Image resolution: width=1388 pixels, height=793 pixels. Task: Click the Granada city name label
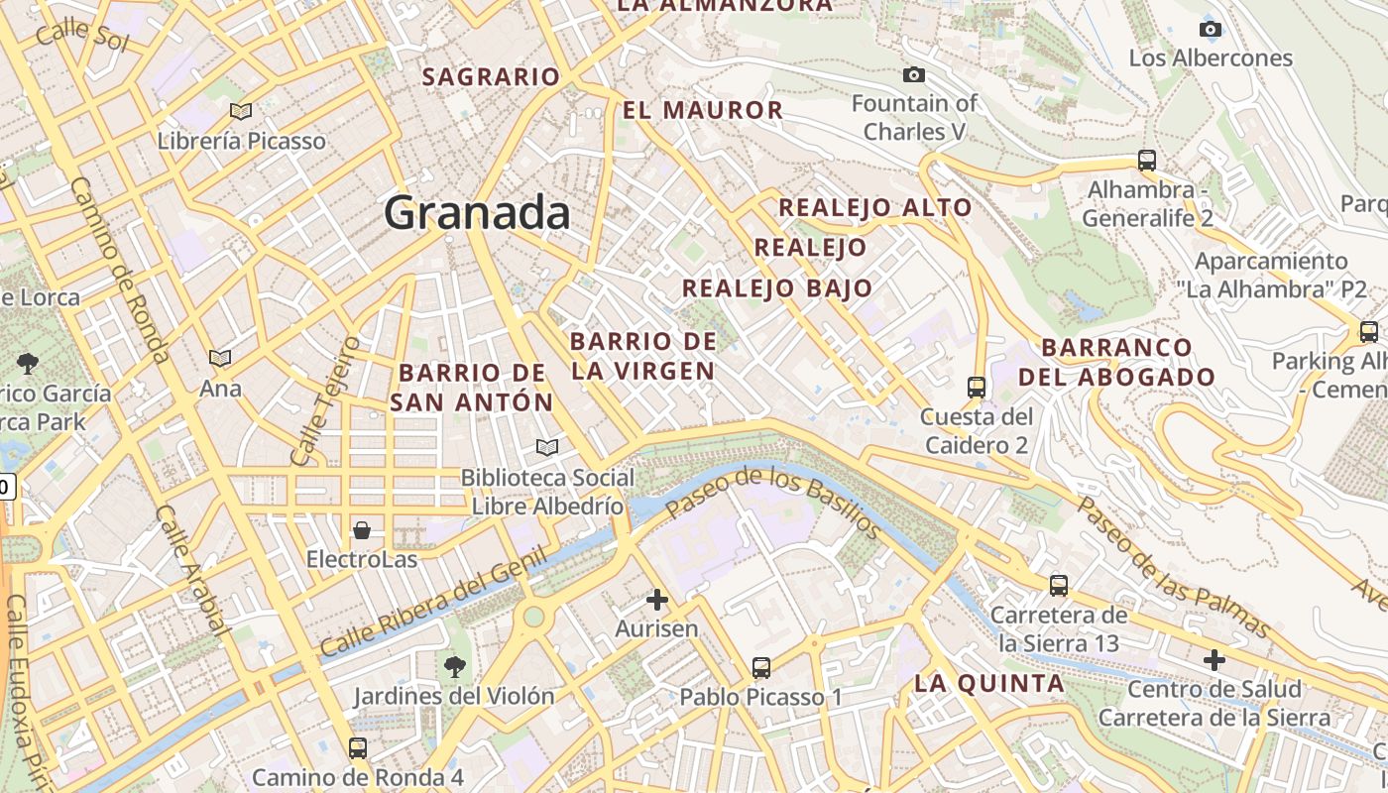point(477,213)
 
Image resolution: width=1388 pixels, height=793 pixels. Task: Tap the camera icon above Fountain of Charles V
point(914,75)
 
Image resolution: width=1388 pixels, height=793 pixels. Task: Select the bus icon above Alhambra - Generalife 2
point(1147,160)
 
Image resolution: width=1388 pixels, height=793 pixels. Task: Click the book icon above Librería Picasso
point(241,111)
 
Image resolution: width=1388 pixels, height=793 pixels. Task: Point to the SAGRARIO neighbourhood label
point(492,76)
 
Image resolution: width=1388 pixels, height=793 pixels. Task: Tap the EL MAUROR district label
point(703,110)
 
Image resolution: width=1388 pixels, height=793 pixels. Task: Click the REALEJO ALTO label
point(875,207)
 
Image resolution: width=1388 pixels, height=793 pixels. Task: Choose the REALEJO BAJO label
point(777,288)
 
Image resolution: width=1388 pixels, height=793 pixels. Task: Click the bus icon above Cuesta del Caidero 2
point(977,387)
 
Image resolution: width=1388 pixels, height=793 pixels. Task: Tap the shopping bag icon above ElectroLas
point(362,530)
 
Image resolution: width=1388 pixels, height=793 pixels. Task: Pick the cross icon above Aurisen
point(656,600)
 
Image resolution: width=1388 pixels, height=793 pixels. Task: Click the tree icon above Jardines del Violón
point(455,666)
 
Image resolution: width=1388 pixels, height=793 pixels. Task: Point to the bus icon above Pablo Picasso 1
point(761,668)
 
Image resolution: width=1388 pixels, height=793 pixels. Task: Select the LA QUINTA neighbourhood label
point(989,683)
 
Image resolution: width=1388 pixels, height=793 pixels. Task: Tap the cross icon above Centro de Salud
point(1214,660)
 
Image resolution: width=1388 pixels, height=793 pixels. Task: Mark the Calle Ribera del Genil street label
point(434,605)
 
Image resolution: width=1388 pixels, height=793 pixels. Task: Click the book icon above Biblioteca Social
point(547,448)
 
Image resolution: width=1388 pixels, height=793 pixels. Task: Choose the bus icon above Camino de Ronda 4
point(358,748)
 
